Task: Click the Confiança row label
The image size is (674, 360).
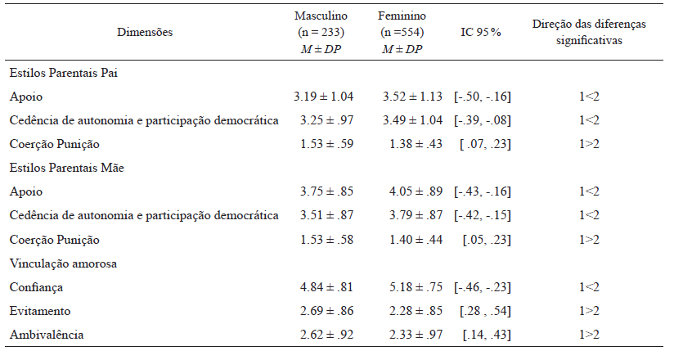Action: (x=36, y=287)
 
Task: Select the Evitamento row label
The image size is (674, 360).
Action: (x=40, y=311)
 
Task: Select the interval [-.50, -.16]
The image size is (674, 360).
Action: (x=483, y=97)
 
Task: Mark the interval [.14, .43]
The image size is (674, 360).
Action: (x=488, y=335)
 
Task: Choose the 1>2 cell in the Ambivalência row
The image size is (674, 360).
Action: (x=589, y=335)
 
